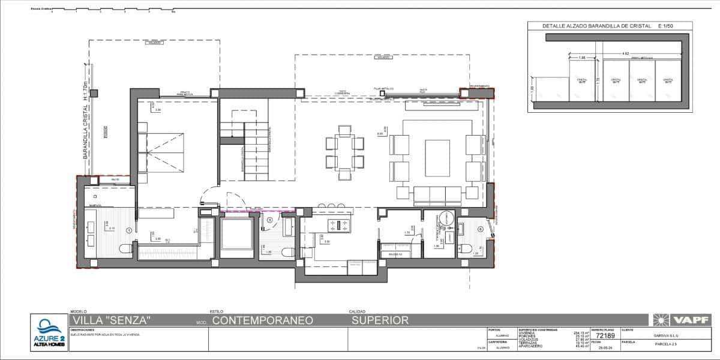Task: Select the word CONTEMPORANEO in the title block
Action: click(263, 321)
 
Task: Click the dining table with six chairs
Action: click(345, 152)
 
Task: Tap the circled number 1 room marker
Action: click(129, 230)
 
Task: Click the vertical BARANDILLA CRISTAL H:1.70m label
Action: click(86, 121)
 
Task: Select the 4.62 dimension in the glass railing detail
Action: click(625, 54)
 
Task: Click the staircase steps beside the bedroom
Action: click(256, 153)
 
